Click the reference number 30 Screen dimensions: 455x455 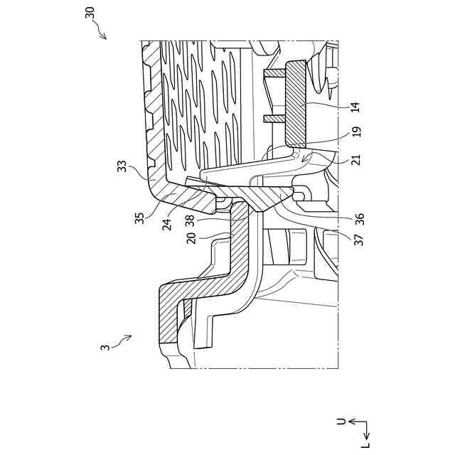pyautogui.click(x=92, y=15)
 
